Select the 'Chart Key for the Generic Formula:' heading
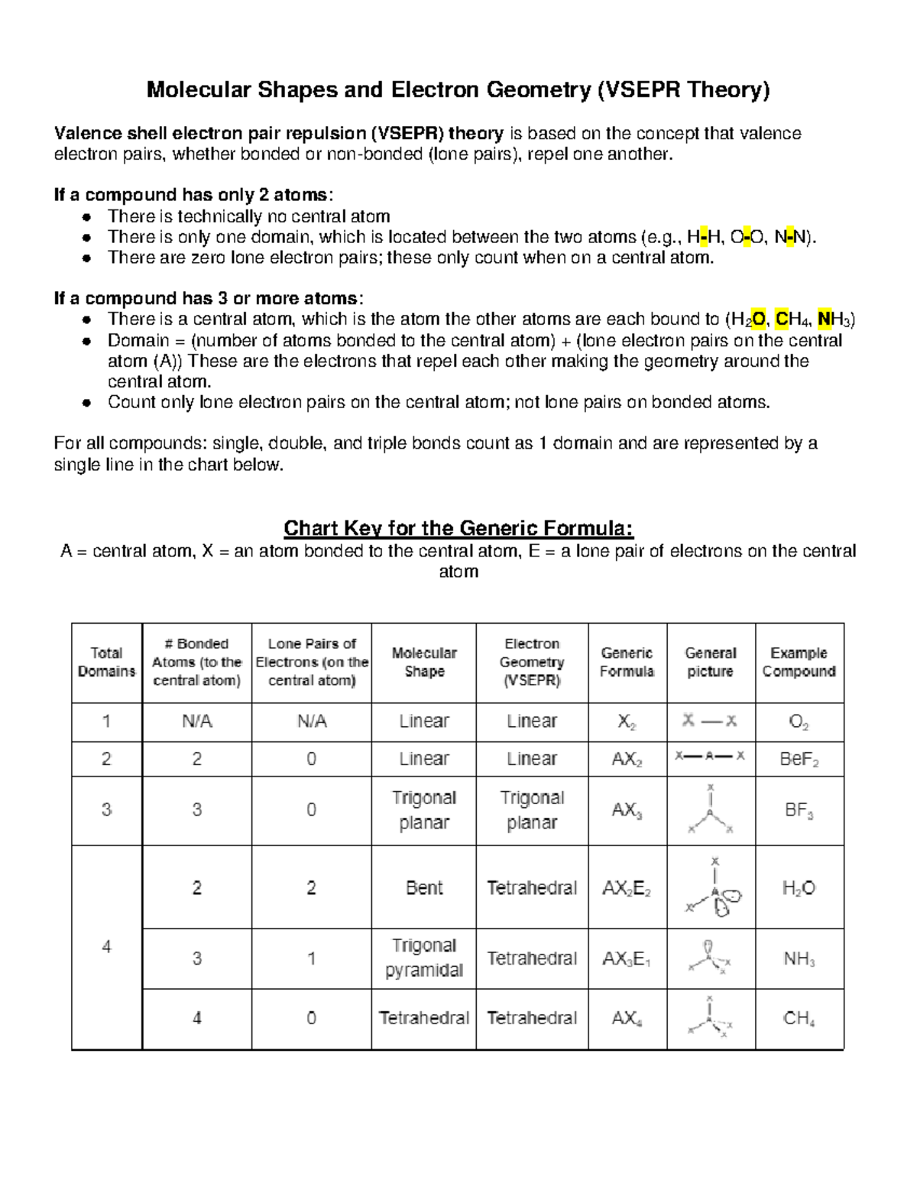[x=458, y=528]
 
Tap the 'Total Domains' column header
[x=106, y=663]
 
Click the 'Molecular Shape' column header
[x=424, y=663]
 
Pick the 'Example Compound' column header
[x=799, y=663]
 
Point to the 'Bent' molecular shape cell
[x=424, y=888]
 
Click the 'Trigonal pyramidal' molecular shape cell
[x=424, y=958]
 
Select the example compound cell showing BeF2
[x=799, y=760]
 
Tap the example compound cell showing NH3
[x=799, y=959]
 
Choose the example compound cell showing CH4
[x=799, y=1019]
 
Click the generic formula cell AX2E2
[x=627, y=888]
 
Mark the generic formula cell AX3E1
[x=627, y=959]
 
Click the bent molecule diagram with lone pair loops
[x=712, y=888]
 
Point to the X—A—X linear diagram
[x=710, y=757]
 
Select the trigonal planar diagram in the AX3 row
[x=710, y=810]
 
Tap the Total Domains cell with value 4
[x=106, y=947]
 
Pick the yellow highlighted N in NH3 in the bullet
[x=824, y=319]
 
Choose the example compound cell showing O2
[x=799, y=722]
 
